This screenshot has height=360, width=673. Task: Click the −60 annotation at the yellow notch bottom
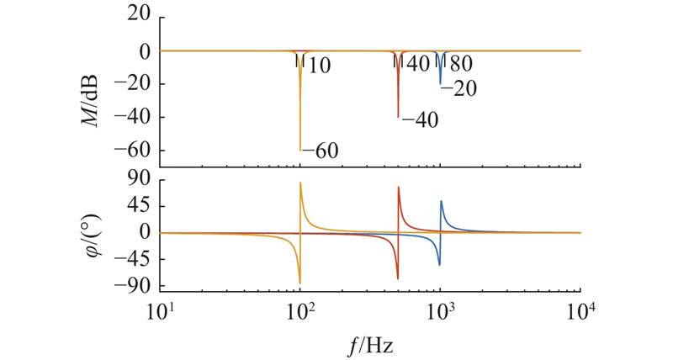click(x=320, y=151)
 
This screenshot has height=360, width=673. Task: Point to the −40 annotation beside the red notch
click(x=418, y=120)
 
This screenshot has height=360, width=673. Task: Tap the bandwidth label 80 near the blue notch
click(x=460, y=64)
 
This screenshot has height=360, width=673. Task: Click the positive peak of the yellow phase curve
click(x=301, y=183)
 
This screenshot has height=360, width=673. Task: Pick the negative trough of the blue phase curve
click(x=439, y=264)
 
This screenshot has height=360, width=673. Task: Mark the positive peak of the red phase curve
click(x=399, y=188)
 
